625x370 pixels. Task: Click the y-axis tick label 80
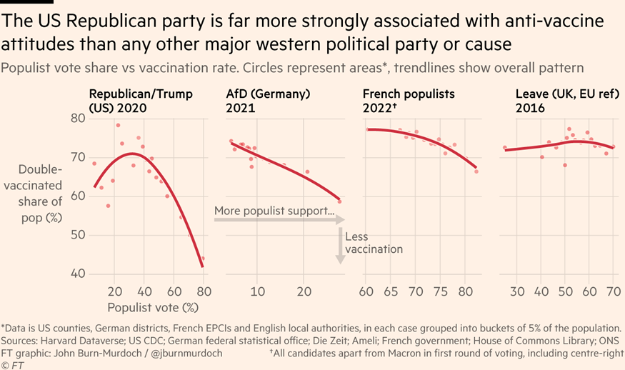coord(78,118)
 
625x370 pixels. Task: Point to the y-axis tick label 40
coord(78,274)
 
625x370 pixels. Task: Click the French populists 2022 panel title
coord(409,101)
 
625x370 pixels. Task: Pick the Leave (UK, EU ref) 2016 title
coord(561,101)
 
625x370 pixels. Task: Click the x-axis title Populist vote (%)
coord(152,308)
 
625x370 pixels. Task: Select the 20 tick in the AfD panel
coord(304,291)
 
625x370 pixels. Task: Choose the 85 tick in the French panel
coord(466,291)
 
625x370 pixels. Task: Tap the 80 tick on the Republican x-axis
coord(204,291)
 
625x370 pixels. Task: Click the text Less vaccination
coord(374,243)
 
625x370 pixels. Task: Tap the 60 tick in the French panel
coord(366,291)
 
